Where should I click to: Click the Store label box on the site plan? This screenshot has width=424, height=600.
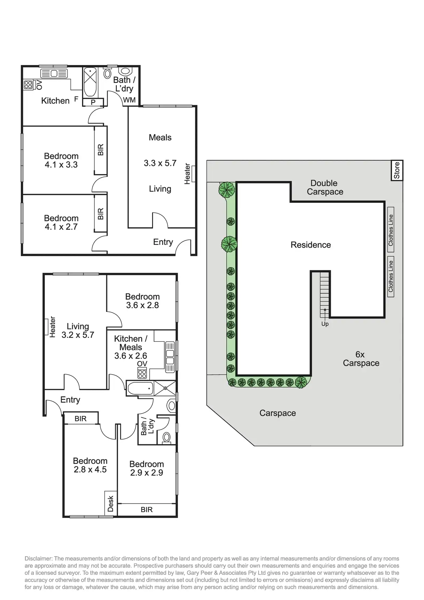[397, 170]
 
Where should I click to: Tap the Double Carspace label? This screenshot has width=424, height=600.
[325, 187]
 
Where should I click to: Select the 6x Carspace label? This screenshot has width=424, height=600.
[361, 359]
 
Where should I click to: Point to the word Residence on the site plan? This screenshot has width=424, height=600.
[311, 245]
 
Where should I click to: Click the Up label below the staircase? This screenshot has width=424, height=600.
[325, 324]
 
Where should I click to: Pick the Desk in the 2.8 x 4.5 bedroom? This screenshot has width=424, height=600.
[110, 504]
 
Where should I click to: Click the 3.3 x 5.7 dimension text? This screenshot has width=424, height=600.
[160, 163]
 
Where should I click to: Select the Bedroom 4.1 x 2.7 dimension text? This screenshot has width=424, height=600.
[61, 227]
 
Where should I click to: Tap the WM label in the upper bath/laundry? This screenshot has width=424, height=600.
[129, 100]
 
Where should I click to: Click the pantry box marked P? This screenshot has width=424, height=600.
[93, 102]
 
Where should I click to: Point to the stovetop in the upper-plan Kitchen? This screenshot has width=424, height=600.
[28, 84]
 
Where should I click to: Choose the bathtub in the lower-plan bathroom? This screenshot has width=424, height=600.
[140, 389]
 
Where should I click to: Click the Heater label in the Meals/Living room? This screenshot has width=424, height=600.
[187, 174]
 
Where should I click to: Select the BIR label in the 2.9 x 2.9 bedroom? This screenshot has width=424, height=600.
[147, 510]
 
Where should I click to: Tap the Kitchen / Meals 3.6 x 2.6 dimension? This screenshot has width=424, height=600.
[131, 356]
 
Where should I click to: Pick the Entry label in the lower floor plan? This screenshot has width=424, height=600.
[70, 400]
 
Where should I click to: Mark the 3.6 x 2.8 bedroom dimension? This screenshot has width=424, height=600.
[142, 305]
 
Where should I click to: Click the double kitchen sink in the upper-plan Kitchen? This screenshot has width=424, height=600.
[54, 73]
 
